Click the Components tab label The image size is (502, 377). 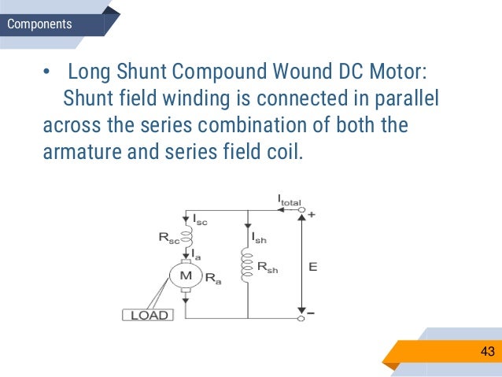point(39,24)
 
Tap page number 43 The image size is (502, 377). point(487,351)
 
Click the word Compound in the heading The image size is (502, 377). point(227,73)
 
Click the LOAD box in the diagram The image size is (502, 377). point(149,315)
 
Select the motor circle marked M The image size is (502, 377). point(186,275)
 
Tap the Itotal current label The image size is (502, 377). point(290,202)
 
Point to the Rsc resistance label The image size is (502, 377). point(167,237)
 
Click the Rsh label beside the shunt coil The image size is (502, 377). point(268,268)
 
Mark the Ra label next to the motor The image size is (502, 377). point(212,278)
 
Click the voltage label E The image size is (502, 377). point(313,267)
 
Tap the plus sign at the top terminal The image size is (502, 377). point(312,214)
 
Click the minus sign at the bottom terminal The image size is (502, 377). point(312,314)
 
